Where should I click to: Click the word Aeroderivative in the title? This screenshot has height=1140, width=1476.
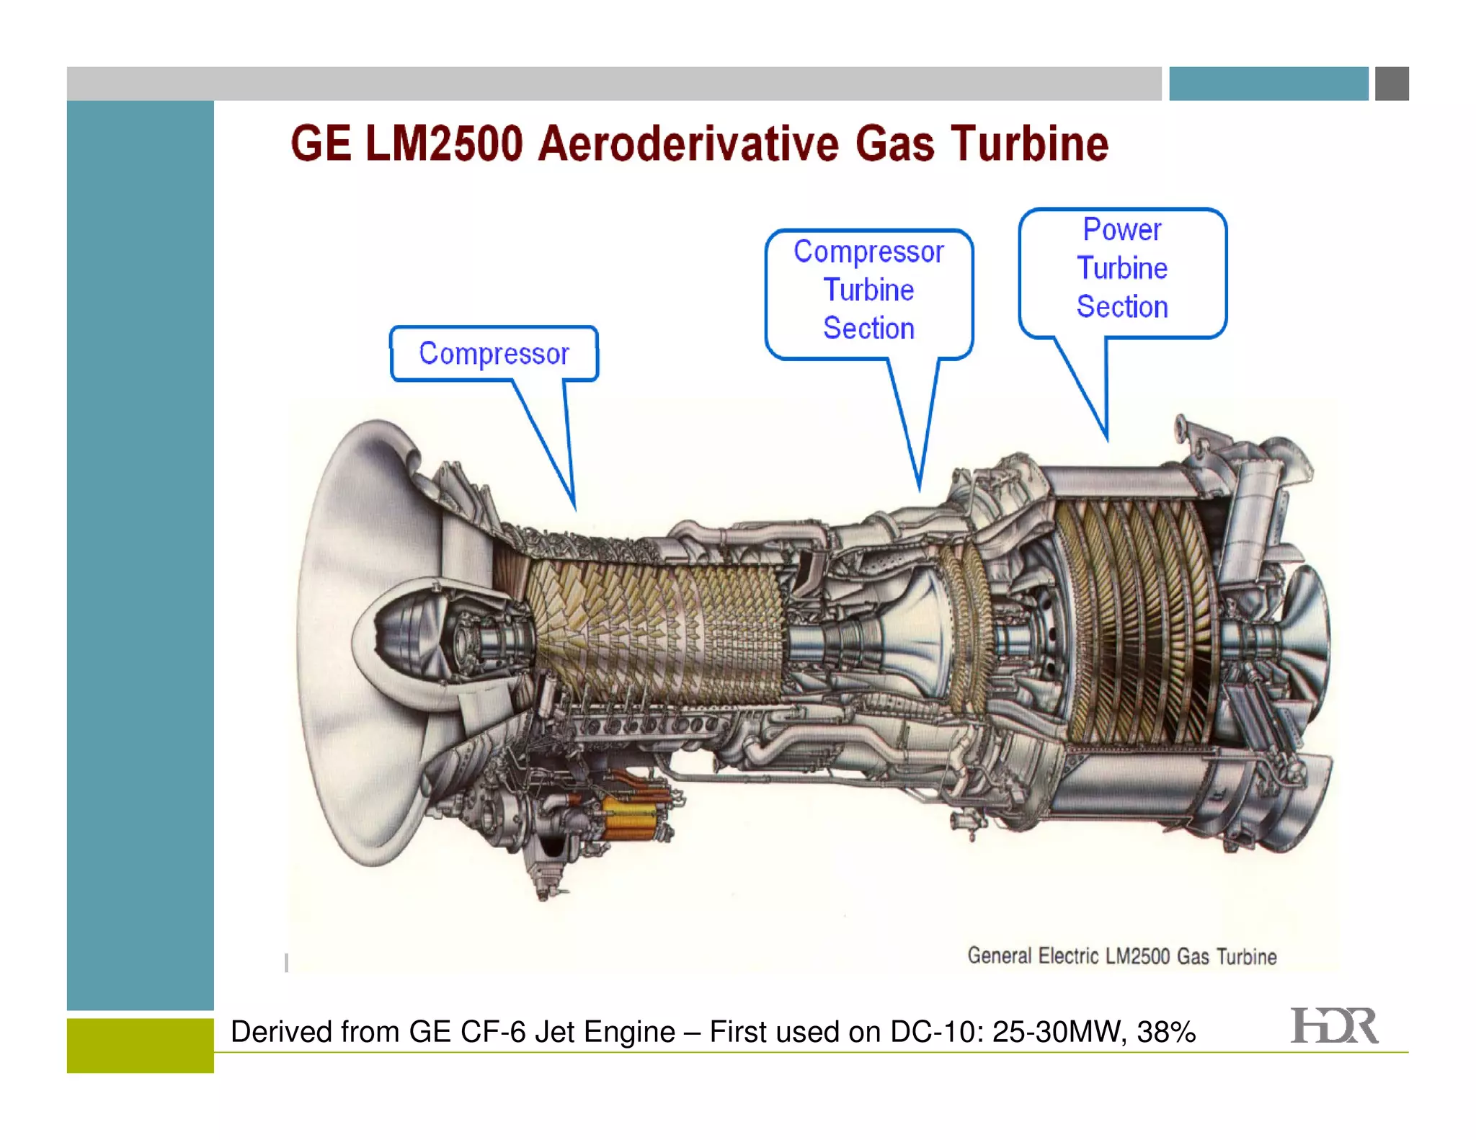[688, 143]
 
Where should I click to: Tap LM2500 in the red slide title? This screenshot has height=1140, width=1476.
[443, 143]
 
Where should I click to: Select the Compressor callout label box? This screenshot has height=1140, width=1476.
[494, 354]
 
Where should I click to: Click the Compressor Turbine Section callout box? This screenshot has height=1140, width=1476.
[868, 291]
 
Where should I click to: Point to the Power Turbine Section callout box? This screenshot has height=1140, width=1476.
[1122, 270]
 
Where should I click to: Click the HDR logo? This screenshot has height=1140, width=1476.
[1334, 1026]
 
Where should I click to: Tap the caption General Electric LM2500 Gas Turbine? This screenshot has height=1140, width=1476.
[1121, 956]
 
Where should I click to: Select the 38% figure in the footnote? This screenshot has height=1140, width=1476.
[1166, 1032]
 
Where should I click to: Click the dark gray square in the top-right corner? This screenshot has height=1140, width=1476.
[1392, 84]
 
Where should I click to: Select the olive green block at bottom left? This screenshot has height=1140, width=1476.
[141, 1045]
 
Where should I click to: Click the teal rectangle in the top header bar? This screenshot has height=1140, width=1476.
[1268, 84]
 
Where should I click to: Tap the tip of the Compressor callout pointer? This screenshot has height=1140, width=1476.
[574, 509]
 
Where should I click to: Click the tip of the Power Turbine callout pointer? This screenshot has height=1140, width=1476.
[1106, 440]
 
